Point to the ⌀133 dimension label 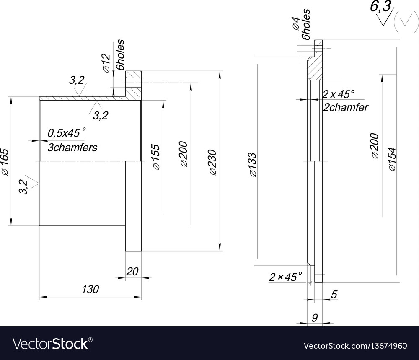(x=252, y=165)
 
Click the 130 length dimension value (x=90, y=289)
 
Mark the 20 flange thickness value (x=132, y=271)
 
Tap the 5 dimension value (x=334, y=295)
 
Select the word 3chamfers (x=72, y=148)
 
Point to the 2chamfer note (x=346, y=107)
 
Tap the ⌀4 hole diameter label (x=295, y=23)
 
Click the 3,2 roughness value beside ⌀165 (x=24, y=186)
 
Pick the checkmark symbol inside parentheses (x=403, y=25)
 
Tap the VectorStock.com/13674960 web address (x=355, y=346)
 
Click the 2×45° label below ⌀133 (x=285, y=277)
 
